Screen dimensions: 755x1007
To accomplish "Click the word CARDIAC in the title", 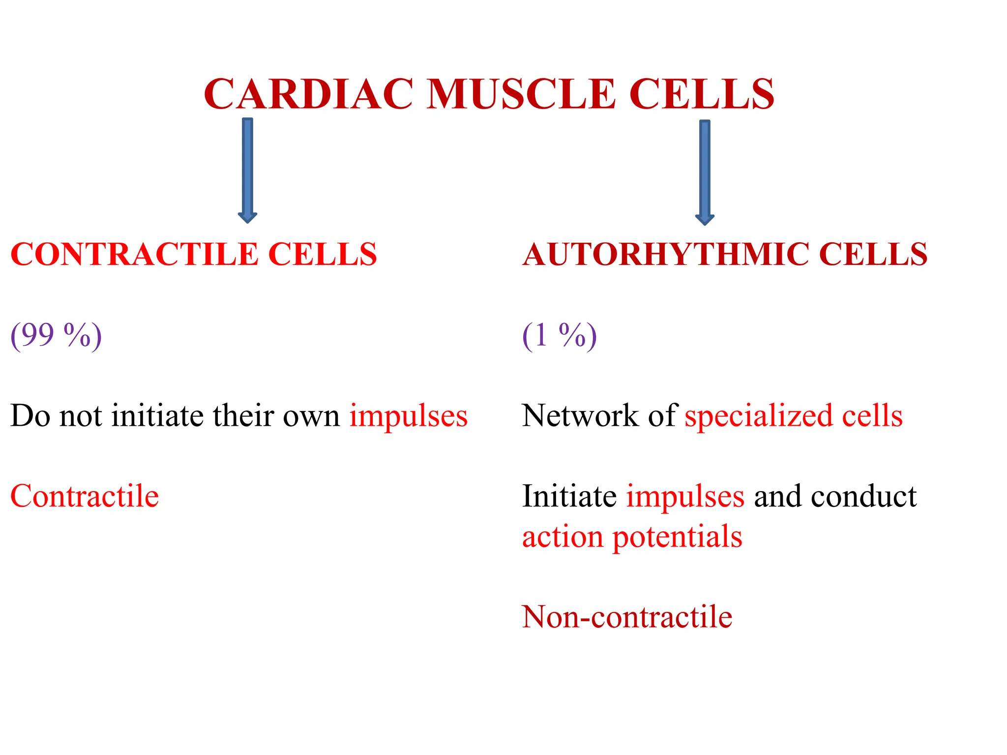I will point(308,94).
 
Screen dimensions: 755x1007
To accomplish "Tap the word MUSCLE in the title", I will point(521,94).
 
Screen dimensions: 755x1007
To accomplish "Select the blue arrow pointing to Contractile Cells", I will point(247,170).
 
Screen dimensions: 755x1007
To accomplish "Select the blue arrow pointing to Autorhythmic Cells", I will point(705,172).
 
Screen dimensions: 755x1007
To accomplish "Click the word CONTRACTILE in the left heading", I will point(134,255).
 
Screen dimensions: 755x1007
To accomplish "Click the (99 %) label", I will point(56,336).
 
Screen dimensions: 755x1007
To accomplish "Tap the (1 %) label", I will point(559,336).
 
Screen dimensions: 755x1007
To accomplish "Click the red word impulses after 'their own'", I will point(408,417).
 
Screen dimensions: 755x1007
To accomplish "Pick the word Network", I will point(580,416).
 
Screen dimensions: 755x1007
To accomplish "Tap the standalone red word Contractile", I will point(85,496).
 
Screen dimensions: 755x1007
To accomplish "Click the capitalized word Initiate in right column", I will point(569,496).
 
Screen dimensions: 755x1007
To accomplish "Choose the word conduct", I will point(864,496).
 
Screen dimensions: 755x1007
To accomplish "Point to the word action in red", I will point(563,537).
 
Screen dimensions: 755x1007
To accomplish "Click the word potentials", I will point(677,538).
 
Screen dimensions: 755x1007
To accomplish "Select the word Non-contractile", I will point(627,617).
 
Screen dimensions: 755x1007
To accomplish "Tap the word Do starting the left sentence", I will point(30,416).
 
